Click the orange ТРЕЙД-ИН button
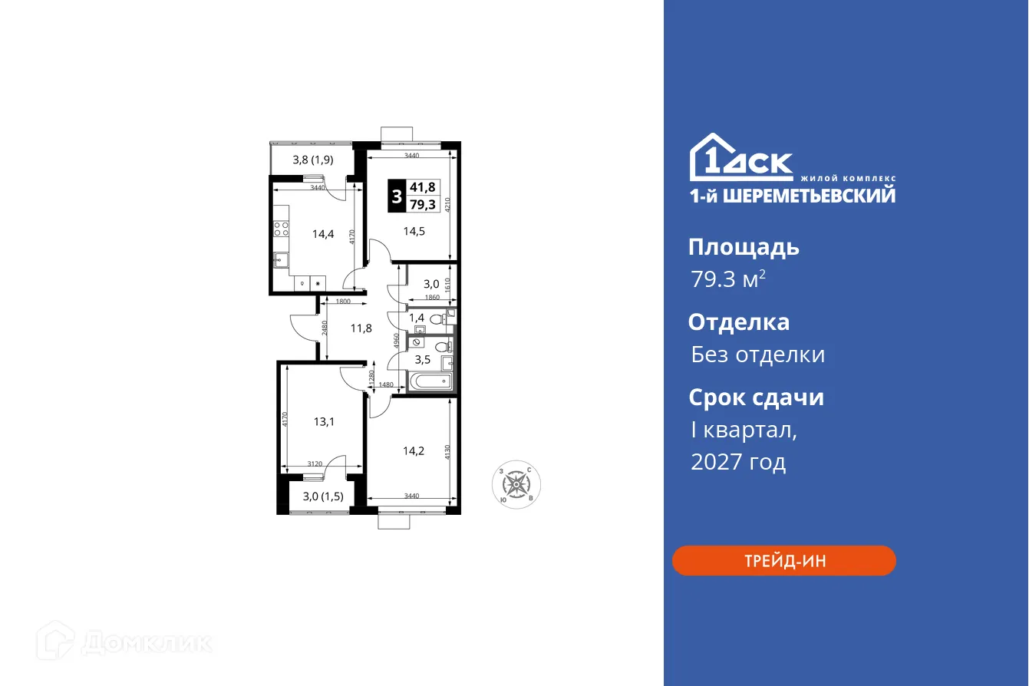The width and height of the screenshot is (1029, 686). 783,560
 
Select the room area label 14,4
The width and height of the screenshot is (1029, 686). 322,235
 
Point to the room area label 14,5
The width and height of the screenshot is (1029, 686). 411,229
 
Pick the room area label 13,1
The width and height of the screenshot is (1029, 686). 323,421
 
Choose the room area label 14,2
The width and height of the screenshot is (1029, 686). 414,451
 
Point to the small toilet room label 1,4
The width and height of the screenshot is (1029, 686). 417,318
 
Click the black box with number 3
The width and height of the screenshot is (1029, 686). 397,196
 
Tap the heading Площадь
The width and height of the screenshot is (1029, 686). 744,247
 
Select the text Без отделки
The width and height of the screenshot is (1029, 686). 757,355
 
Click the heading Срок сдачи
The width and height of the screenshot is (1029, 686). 756,397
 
